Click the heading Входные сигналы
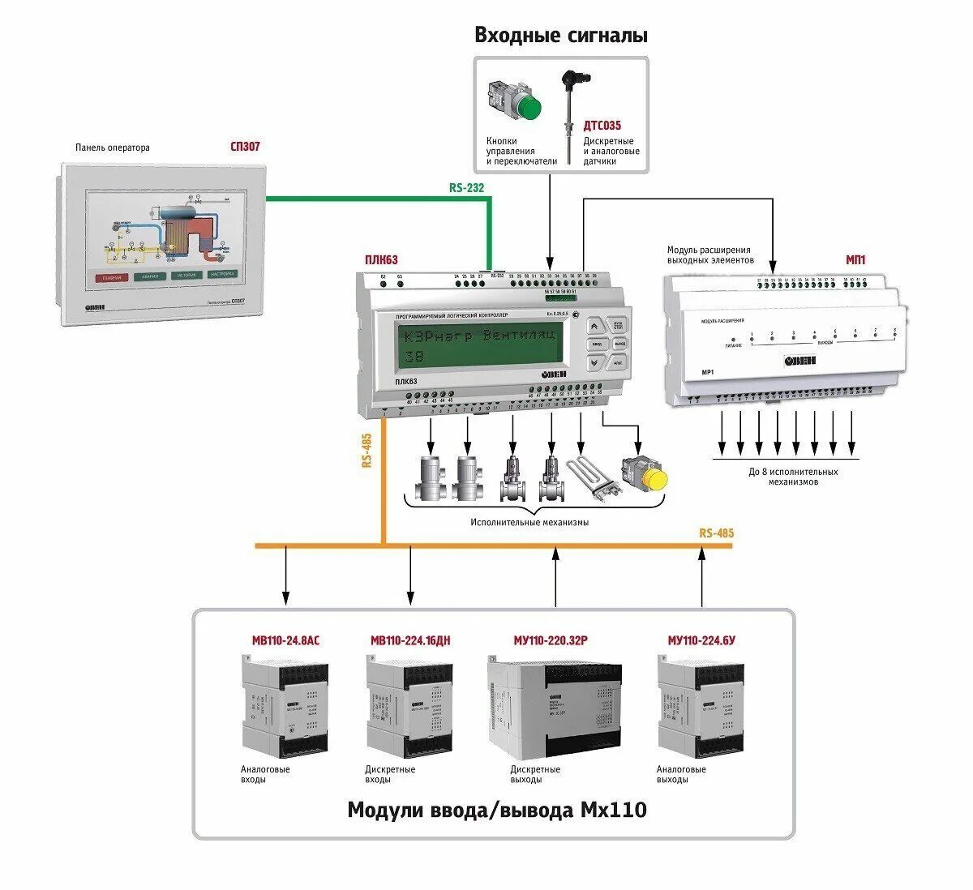pyautogui.click(x=561, y=36)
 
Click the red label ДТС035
pyautogui.click(x=602, y=126)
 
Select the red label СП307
pyautogui.click(x=245, y=147)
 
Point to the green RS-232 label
pyautogui.click(x=466, y=188)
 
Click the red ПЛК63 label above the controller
pyautogui.click(x=381, y=260)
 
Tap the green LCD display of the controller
pyautogui.click(x=479, y=343)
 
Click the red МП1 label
pyautogui.click(x=855, y=260)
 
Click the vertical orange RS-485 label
pyautogui.click(x=366, y=451)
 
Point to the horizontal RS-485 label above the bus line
pyautogui.click(x=716, y=533)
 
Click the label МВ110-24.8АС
pyautogui.click(x=285, y=640)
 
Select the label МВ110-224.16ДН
pyautogui.click(x=410, y=640)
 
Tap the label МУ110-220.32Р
pyautogui.click(x=551, y=640)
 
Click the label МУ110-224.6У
pyautogui.click(x=701, y=640)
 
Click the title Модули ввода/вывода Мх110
pyautogui.click(x=497, y=810)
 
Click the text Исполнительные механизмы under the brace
pyautogui.click(x=529, y=523)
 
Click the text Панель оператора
pyautogui.click(x=113, y=148)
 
